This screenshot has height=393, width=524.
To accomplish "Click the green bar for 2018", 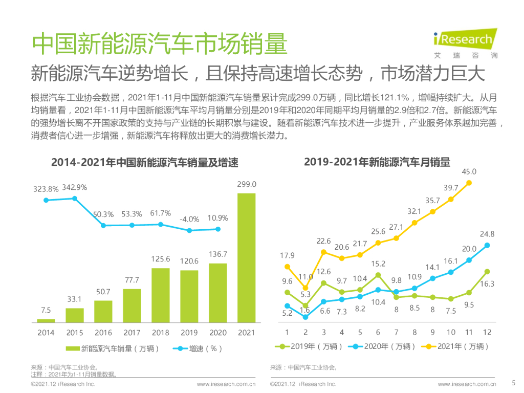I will tap(160, 295).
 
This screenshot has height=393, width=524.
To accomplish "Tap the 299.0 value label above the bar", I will tap(246, 184).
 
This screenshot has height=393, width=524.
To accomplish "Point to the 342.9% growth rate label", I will tap(75, 187).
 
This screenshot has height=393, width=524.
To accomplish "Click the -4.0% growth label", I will tap(189, 219).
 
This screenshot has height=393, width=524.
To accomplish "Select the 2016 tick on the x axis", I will tap(103, 333).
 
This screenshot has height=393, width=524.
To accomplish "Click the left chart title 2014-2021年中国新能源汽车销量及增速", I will tap(145, 163).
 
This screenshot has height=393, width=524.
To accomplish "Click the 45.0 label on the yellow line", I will tap(469, 172).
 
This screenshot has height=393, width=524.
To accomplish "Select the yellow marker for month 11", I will tap(469, 182).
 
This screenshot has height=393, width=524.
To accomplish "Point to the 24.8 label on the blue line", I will tap(487, 234).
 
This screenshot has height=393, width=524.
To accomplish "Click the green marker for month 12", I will tap(487, 272).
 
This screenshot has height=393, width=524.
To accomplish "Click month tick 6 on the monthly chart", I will tap(378, 332).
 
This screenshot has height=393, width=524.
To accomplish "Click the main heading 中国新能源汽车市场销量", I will tap(159, 45).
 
